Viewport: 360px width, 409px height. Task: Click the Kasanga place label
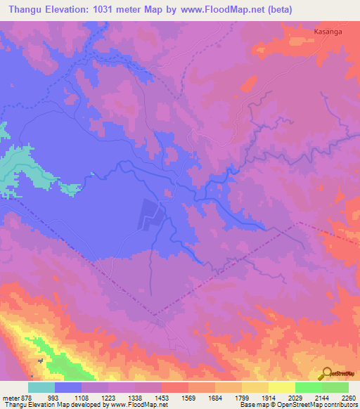click(328, 32)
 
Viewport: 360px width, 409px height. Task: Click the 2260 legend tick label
click(349, 398)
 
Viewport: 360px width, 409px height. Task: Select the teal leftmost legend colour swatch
click(41, 387)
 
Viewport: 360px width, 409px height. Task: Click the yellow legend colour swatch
click(281, 387)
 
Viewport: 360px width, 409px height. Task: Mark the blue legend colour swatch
click(68, 387)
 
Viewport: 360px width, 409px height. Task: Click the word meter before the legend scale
click(9, 398)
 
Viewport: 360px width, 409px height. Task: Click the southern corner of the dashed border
click(154, 316)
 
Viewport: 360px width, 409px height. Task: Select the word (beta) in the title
click(277, 9)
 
